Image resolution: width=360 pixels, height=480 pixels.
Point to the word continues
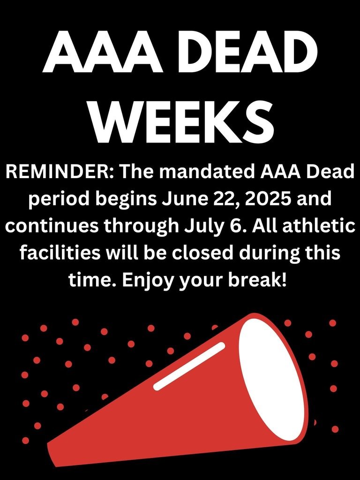[x=51, y=226]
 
